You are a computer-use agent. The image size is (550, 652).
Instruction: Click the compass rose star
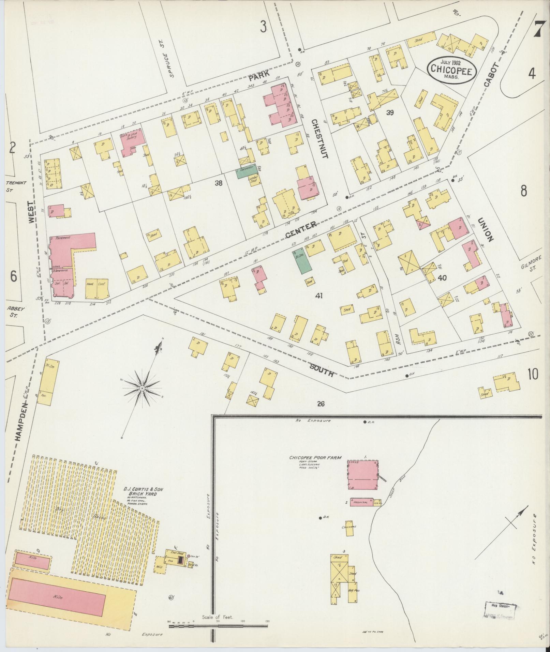tap(142, 388)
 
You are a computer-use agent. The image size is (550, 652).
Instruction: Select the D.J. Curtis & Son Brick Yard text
tap(144, 492)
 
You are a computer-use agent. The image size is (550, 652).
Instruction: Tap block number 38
tap(218, 183)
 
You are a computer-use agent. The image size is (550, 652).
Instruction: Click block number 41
tap(319, 295)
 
